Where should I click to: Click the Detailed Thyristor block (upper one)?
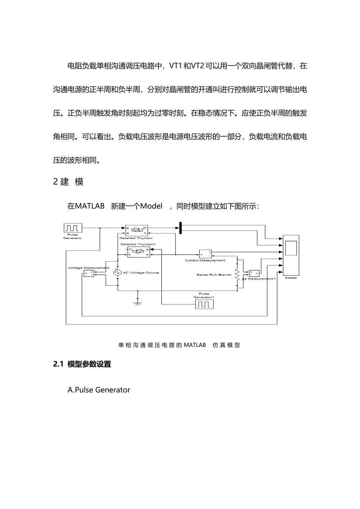[136, 231]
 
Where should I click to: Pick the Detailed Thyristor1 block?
[138, 252]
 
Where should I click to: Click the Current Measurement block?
[205, 254]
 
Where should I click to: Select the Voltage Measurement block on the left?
[89, 273]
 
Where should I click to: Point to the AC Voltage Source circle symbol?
[117, 273]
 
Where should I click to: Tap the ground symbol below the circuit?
[137, 302]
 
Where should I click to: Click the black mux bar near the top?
[181, 228]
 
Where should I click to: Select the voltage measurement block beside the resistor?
[254, 273]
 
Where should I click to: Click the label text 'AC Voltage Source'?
[141, 273]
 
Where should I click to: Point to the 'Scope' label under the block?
[291, 278]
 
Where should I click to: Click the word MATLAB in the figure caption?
[195, 345]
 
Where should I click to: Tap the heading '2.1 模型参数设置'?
[82, 364]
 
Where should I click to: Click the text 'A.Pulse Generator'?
[99, 390]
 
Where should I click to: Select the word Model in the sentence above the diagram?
[151, 206]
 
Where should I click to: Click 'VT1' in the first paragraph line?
[175, 66]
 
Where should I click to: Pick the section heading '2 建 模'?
[68, 182]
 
